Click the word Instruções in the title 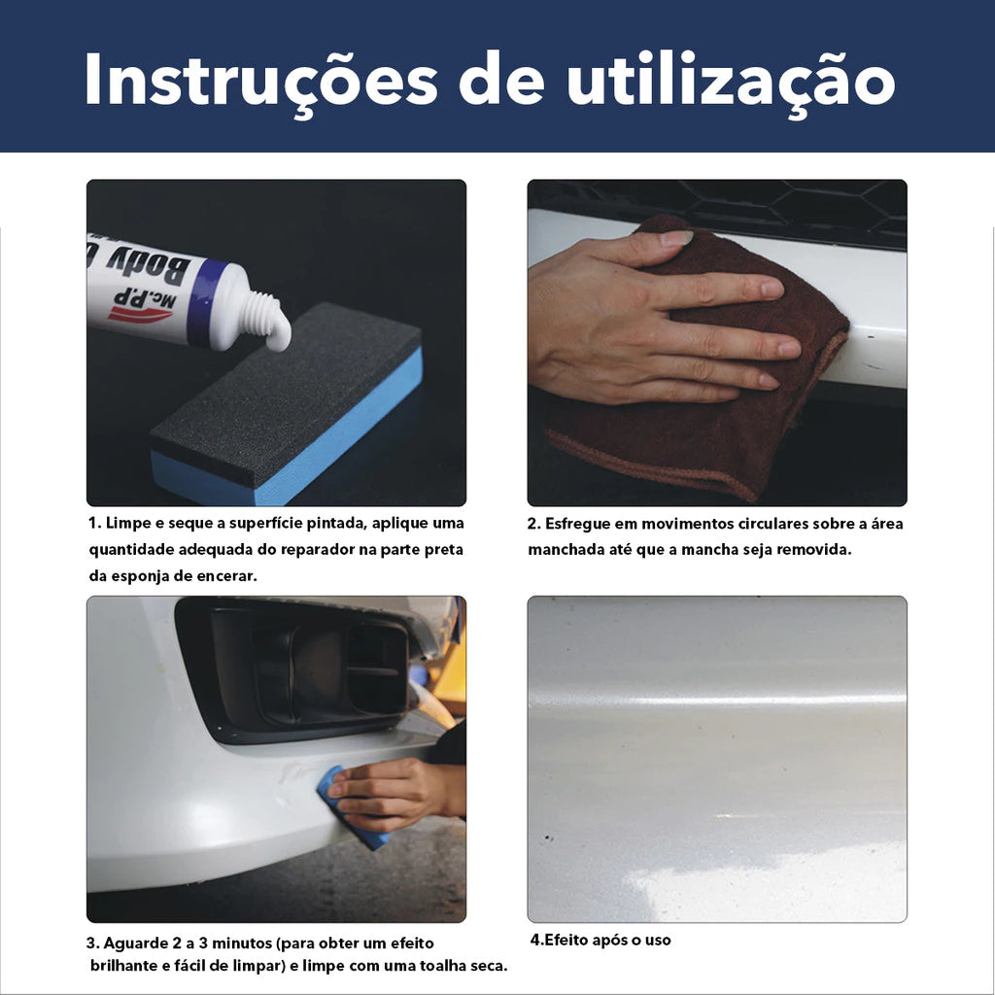click(261, 80)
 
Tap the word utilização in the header click(732, 80)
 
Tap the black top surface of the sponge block click(286, 393)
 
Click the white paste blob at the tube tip click(278, 333)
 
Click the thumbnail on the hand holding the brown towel click(676, 238)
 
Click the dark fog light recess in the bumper click(298, 669)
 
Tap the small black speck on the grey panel click(548, 839)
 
